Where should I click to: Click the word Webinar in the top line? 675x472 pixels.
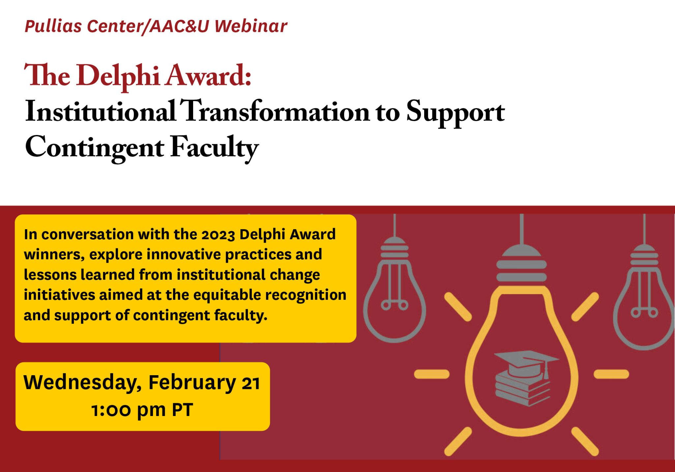[x=251, y=26]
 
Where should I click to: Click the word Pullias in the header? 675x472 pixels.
[x=53, y=26]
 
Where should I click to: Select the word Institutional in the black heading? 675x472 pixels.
[x=100, y=112]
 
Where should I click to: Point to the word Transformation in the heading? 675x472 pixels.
[x=276, y=112]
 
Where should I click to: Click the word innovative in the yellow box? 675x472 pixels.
[x=184, y=255]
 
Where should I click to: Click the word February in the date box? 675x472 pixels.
[x=192, y=383]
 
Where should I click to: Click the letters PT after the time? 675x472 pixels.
[x=182, y=410]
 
